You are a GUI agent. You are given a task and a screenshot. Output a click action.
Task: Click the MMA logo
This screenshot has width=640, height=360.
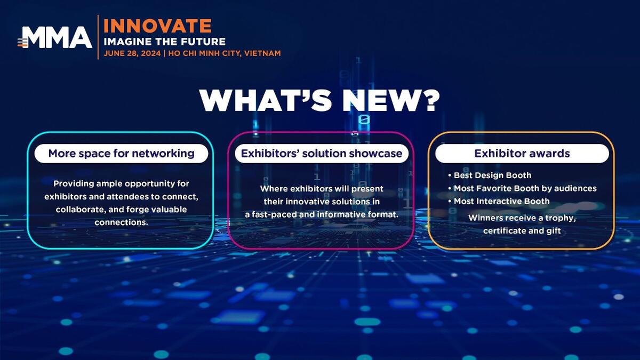55,37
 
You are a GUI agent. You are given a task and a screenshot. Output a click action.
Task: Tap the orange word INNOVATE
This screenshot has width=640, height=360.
157,26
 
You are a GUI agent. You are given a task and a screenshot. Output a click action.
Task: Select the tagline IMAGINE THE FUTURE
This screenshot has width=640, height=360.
165,42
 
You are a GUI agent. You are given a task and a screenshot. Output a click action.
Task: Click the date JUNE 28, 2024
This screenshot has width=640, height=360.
132,53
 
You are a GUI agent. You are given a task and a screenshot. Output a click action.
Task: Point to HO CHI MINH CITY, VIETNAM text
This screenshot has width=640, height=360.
225,53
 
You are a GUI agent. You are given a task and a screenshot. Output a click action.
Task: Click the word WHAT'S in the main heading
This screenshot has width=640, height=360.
266,100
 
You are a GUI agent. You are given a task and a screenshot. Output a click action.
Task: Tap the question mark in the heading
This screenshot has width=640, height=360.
430,100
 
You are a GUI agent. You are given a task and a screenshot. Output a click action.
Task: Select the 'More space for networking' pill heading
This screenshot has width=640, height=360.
121,154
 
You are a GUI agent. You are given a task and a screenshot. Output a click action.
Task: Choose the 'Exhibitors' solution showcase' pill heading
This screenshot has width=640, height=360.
322,154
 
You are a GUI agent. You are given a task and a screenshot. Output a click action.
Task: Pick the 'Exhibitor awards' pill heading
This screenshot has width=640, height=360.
522,154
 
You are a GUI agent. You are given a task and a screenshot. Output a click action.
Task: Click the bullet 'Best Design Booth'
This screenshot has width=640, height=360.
490,175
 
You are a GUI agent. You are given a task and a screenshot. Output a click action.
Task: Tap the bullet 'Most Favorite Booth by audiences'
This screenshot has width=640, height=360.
522,188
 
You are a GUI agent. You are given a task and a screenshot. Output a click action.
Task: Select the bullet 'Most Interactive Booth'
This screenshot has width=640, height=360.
499,201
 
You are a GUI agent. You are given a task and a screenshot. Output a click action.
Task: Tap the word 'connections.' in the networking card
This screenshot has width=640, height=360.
121,222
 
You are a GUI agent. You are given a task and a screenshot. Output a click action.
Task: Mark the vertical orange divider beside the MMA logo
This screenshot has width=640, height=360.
98,37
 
